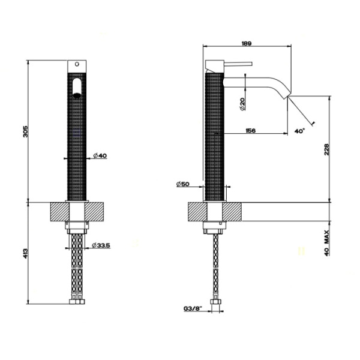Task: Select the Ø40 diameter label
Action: coord(100,157)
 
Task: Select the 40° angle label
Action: coord(300,130)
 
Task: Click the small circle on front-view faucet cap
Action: coord(77,64)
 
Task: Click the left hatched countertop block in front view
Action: coord(59,212)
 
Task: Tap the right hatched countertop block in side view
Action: coord(233,212)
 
